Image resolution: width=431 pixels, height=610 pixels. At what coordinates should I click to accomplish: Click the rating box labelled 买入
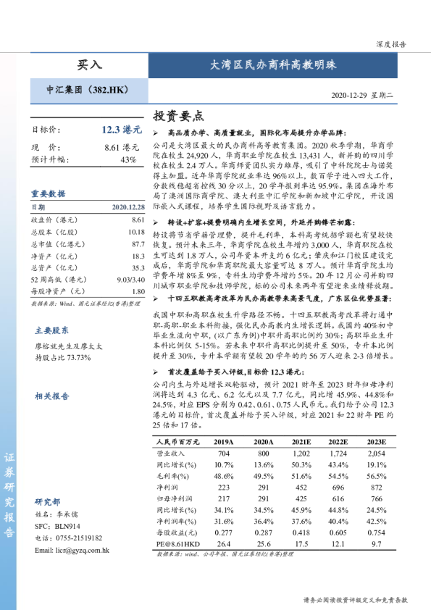[x=90, y=65]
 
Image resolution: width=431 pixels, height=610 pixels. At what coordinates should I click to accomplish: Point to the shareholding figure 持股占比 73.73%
[x=64, y=337]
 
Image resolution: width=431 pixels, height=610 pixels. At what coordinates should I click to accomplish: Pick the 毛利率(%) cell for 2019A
[x=223, y=476]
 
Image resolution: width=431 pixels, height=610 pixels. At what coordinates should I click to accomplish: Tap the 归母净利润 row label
[x=175, y=499]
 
